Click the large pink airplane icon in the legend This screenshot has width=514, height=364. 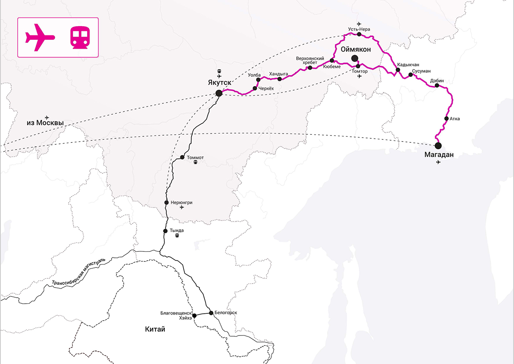(40, 37)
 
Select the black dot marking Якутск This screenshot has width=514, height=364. (219, 93)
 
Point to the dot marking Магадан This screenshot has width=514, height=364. (438, 145)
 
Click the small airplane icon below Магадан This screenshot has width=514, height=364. (438, 162)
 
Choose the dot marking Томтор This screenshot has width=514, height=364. (358, 66)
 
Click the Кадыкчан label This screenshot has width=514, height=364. (408, 64)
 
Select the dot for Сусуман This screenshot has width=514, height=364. (410, 74)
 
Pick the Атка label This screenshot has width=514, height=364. (455, 119)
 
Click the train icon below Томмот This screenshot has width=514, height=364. (196, 162)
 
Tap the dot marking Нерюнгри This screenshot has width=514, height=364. (167, 202)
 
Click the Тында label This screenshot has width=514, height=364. (177, 230)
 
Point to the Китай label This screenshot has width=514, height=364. (155, 329)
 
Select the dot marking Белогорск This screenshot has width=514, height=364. (211, 313)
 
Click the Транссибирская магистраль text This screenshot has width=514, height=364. (78, 272)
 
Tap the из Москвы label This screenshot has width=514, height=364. (45, 123)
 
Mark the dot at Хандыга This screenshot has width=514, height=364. (280, 79)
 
